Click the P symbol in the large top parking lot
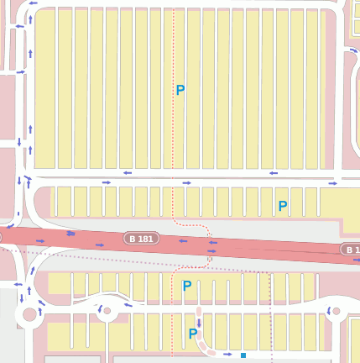point(180,90)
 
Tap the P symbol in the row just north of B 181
point(283,206)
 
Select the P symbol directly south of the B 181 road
point(187,286)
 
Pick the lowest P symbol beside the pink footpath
point(193,334)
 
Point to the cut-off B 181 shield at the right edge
point(351,250)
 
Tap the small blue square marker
point(243,355)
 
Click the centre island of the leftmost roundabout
point(31,315)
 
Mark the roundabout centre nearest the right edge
point(336,312)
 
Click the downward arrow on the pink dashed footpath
point(199,324)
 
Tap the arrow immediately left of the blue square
point(227,354)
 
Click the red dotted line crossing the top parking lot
point(173,126)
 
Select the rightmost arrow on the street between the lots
point(333,181)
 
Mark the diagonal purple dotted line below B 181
point(126,257)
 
